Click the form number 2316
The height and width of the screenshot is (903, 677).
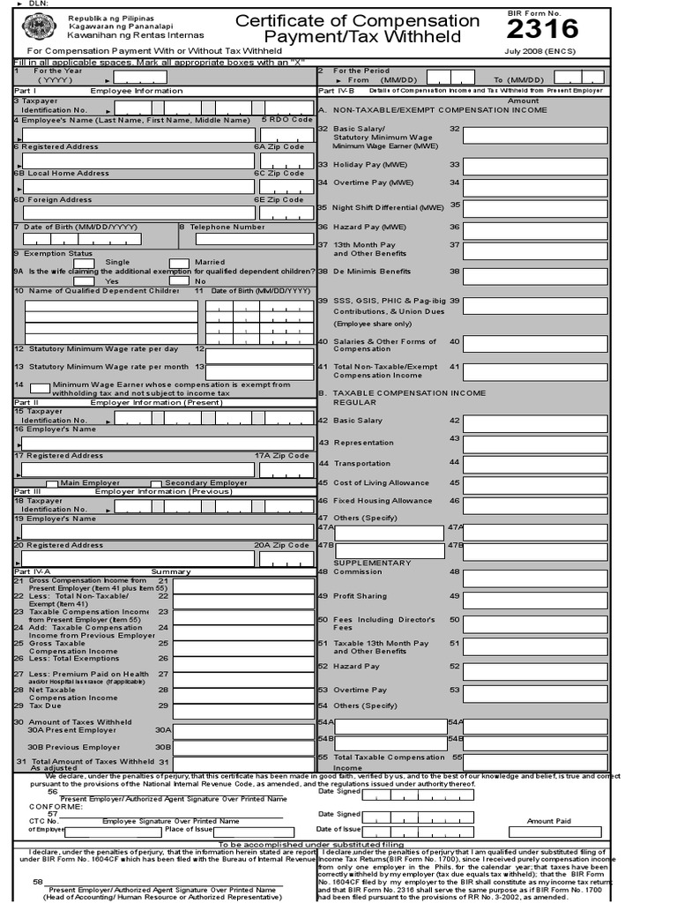click(542, 29)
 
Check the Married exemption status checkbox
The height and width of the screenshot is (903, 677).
click(179, 262)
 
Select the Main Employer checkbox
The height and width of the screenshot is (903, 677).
click(52, 483)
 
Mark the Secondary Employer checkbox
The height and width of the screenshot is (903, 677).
click(156, 483)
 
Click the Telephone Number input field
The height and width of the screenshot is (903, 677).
click(254, 238)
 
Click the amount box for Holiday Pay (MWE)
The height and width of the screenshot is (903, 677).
click(534, 165)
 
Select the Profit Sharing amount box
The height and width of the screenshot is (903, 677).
click(534, 596)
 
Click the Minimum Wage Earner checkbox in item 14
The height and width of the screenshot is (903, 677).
click(40, 388)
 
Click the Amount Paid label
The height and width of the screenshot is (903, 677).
click(549, 821)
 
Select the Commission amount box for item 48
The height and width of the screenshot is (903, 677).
click(534, 572)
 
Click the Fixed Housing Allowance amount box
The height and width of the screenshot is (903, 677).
click(534, 502)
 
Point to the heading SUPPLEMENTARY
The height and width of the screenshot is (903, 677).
click(372, 563)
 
